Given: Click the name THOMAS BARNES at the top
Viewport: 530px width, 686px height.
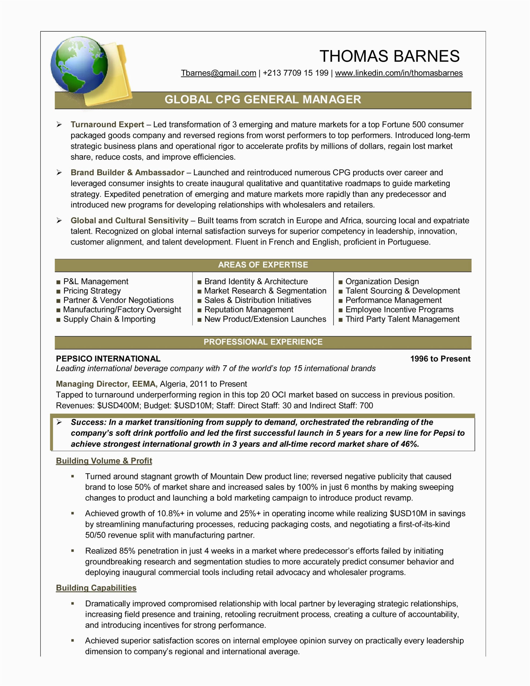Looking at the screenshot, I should click(x=389, y=56).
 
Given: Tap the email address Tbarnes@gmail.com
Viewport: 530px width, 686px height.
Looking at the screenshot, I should click(x=218, y=73).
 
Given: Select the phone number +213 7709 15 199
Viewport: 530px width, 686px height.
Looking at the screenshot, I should click(x=295, y=73).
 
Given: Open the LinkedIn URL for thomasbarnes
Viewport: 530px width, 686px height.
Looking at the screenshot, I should click(x=399, y=73).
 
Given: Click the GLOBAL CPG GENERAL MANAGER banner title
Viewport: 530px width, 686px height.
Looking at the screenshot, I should click(x=263, y=100).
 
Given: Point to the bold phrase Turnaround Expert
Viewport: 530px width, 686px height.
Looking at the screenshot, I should click(x=107, y=125).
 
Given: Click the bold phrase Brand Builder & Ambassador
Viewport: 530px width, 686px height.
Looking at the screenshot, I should click(x=127, y=173).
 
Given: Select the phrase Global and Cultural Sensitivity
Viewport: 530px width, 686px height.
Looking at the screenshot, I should click(x=129, y=221).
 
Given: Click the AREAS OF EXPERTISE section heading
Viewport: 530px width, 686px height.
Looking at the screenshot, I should click(x=263, y=265).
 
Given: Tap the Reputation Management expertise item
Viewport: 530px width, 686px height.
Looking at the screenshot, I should click(x=248, y=310).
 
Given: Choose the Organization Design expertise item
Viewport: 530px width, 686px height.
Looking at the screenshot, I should click(x=382, y=281).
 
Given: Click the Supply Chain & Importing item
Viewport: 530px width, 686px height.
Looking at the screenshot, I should click(x=109, y=319).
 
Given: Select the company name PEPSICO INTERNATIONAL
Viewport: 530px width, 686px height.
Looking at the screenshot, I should click(x=108, y=359).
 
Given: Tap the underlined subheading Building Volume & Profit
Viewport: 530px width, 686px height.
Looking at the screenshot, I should click(x=104, y=461).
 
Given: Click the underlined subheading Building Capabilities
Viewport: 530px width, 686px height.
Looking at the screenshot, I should click(x=96, y=588).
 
